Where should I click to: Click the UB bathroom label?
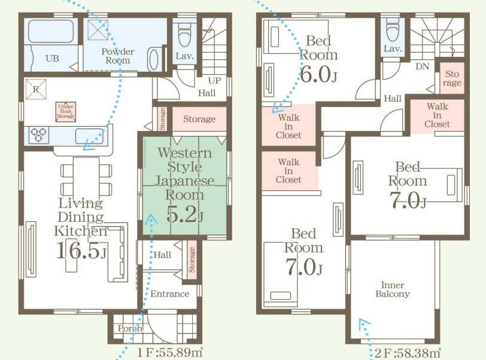coord(52,58)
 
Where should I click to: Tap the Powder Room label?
coord(118,56)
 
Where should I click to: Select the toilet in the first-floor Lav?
coord(184,33)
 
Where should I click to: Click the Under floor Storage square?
coord(66,112)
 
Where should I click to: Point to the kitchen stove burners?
coord(39,135)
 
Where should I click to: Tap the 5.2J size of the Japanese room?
coord(185,215)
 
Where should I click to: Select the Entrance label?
coord(170,294)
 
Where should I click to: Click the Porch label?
coord(130,328)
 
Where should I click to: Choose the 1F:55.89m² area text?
coord(170,353)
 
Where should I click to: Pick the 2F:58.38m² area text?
coord(408,353)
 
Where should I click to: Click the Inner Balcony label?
coord(393,289)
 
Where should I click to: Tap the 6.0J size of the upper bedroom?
coord(318,75)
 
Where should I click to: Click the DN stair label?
coord(422,66)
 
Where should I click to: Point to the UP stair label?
coord(214,81)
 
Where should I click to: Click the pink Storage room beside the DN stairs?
coord(452,78)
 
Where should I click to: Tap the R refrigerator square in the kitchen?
coord(36,89)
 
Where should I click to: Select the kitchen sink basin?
coord(90,136)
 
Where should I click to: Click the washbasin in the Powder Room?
coord(153,59)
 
